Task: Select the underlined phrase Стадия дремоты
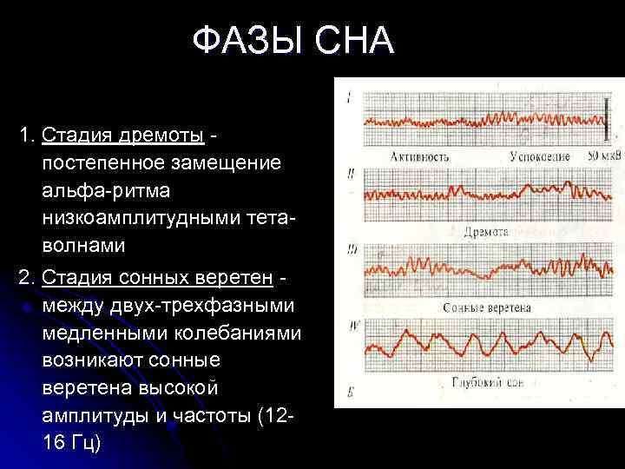point(122,135)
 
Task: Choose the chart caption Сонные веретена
point(487,307)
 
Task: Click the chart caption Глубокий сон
point(489,382)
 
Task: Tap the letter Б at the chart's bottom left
point(349,393)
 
